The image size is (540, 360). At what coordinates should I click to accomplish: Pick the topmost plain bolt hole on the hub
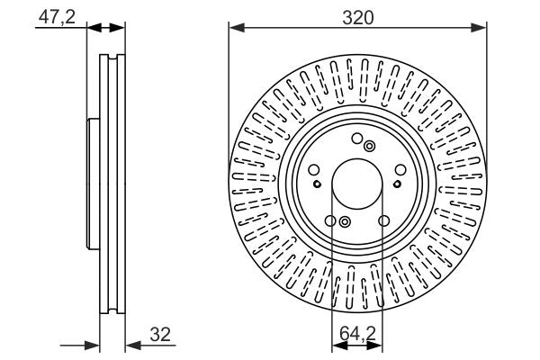(x=357, y=139)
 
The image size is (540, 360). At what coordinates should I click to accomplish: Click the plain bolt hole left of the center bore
(x=313, y=171)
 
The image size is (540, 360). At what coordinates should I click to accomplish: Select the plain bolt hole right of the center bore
(x=401, y=171)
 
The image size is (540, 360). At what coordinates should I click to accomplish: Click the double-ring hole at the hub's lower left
(x=345, y=221)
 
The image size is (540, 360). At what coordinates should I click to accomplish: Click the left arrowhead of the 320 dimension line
(x=235, y=27)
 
